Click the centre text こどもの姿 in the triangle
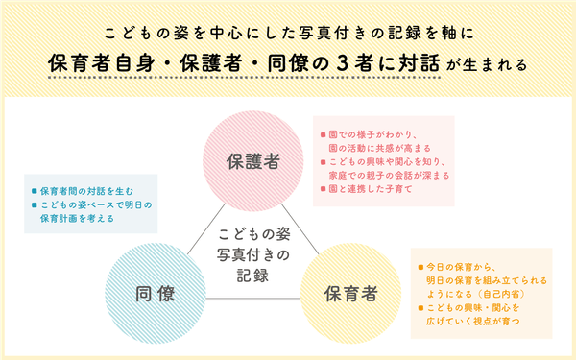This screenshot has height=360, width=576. click(252, 233)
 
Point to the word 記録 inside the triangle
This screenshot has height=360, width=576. click(252, 274)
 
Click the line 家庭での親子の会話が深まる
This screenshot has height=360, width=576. click(389, 176)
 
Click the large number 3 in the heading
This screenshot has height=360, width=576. click(321, 63)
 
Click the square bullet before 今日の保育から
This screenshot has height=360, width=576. click(419, 265)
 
